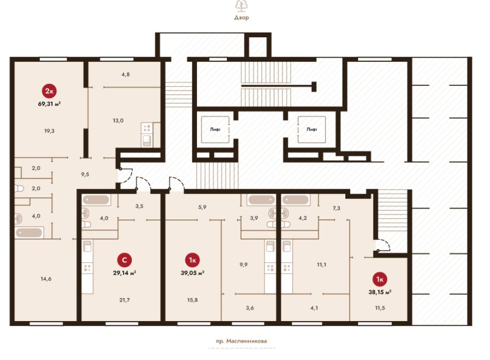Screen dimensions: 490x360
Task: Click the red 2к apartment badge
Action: [x=50, y=91]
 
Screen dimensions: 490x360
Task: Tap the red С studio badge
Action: [x=124, y=260]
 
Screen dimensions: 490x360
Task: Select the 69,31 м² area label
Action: [x=50, y=104]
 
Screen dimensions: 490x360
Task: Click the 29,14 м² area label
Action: [x=124, y=273]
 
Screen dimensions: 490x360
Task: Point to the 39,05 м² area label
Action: [x=193, y=273]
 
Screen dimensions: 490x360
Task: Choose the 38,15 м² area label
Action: [x=380, y=292]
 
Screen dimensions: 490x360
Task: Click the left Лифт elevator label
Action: [x=215, y=129]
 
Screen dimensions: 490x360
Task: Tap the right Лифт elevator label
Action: [x=312, y=129]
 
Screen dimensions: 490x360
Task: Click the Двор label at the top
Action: [x=242, y=18]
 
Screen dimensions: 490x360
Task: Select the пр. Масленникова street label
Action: [x=242, y=341]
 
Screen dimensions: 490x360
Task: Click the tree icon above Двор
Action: [x=242, y=6]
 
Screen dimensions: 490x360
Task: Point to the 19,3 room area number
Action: [x=50, y=131]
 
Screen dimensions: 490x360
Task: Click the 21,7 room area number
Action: [x=124, y=300]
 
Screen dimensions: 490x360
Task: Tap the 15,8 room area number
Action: [x=192, y=300]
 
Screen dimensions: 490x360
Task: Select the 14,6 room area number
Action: [x=46, y=279]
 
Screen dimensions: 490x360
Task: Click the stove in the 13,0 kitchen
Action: [x=147, y=127]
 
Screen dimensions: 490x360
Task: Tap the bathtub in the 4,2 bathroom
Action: [x=295, y=200]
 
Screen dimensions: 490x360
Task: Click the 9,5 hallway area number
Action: [x=85, y=174]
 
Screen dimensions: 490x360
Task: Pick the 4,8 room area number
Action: [x=125, y=74]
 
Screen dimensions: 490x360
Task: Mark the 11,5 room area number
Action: [x=380, y=308]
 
